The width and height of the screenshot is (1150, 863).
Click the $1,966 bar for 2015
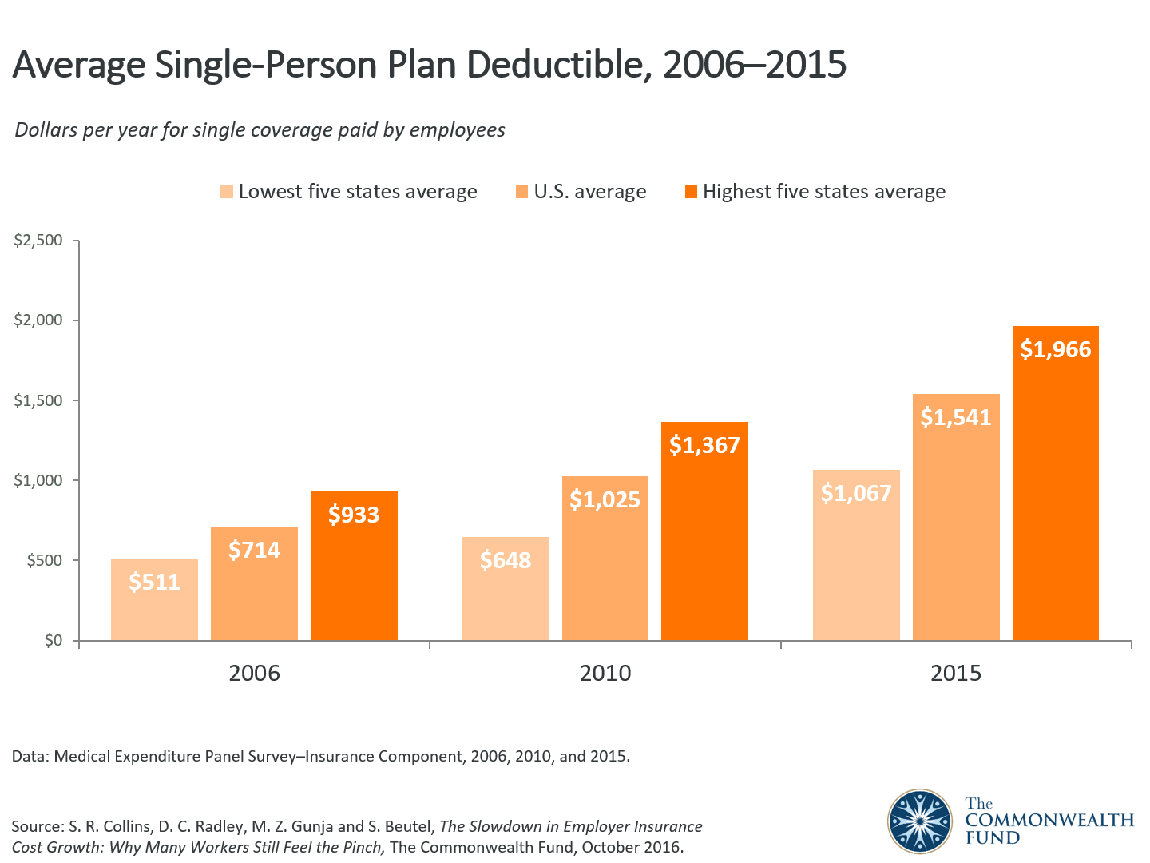[x=1056, y=495]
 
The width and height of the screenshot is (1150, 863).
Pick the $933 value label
[x=354, y=515]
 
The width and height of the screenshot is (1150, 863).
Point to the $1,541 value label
[x=956, y=417]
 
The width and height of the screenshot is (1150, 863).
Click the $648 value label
[x=506, y=560]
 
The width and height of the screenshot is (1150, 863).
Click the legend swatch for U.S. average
[x=522, y=192]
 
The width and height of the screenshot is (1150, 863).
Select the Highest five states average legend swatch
[x=691, y=192]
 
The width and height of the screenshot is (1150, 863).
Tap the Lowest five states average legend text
[x=358, y=192]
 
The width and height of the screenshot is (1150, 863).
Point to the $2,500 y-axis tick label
[x=38, y=241]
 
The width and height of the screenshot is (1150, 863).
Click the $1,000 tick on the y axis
[x=38, y=480]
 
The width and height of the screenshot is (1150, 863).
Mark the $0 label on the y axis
[x=53, y=640]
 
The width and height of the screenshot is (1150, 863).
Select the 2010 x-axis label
[x=605, y=673]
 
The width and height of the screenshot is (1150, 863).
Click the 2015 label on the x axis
[x=956, y=673]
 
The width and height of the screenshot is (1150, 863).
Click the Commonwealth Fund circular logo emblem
[x=920, y=821]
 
